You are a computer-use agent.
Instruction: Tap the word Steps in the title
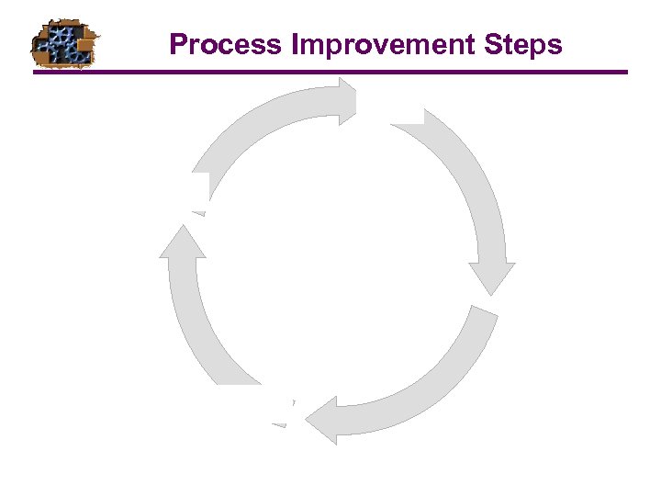point(528,44)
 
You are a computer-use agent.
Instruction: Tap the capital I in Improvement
point(296,44)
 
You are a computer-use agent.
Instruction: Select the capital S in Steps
point(502,44)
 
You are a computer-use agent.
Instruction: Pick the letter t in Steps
point(518,45)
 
